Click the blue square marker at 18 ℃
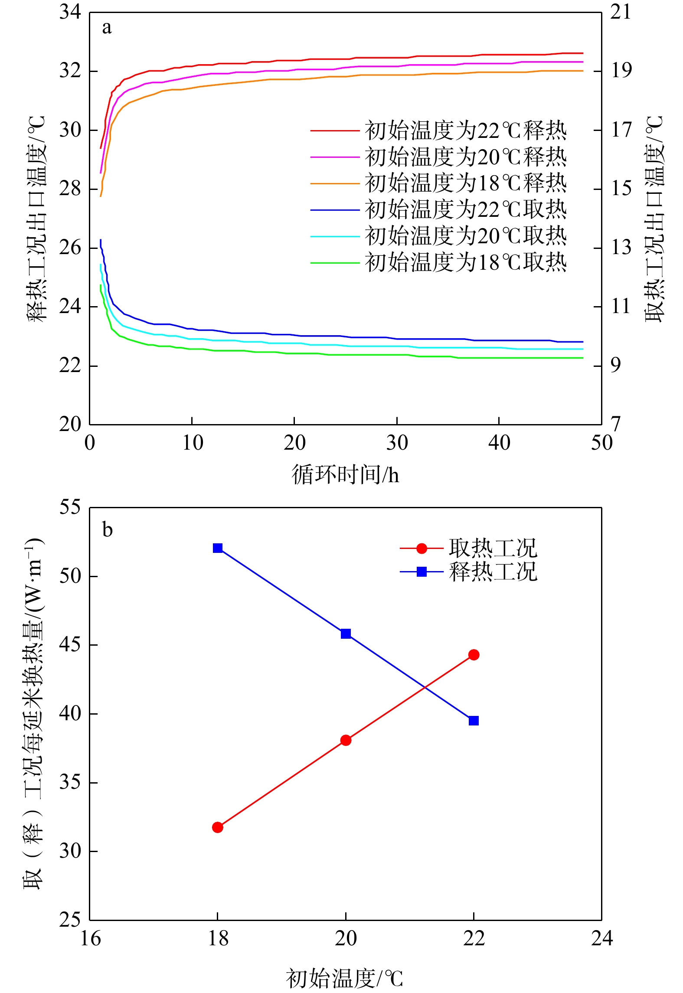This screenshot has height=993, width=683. pyautogui.click(x=218, y=548)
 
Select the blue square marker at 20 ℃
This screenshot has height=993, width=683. pyautogui.click(x=346, y=634)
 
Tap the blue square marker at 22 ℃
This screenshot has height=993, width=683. pyautogui.click(x=474, y=721)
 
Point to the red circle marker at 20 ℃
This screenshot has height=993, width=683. pyautogui.click(x=346, y=740)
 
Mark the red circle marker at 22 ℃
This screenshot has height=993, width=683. pyautogui.click(x=474, y=655)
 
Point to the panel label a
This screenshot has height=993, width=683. pyautogui.click(x=107, y=28)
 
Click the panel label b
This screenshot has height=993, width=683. pyautogui.click(x=107, y=530)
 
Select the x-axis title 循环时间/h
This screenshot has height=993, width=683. pyautogui.click(x=345, y=475)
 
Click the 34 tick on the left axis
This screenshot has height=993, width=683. pyautogui.click(x=70, y=12)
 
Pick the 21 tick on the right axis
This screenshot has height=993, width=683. pyautogui.click(x=621, y=12)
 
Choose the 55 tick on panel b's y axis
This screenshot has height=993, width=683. pyautogui.click(x=70, y=507)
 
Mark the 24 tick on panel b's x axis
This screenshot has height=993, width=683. pyautogui.click(x=602, y=938)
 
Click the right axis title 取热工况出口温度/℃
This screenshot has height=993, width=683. pyautogui.click(x=654, y=219)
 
